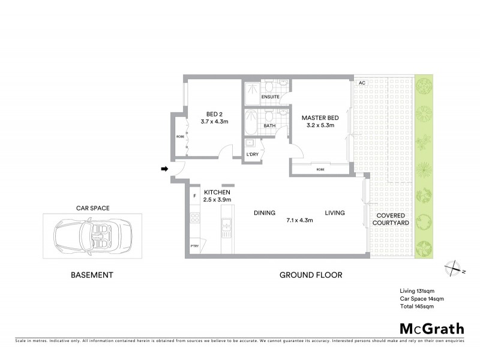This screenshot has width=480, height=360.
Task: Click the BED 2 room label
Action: coord(214,114)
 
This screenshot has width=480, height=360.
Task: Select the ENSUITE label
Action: coord(270,97)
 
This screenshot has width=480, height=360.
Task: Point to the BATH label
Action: coord(269,126)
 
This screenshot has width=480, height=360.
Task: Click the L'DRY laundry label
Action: coord(253,155)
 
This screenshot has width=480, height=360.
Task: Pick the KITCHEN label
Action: coord(217,191)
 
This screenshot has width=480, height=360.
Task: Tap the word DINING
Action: coord(264,213)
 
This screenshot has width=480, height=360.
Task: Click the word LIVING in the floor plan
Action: coord(336,213)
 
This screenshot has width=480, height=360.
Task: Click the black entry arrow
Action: coord(164,169)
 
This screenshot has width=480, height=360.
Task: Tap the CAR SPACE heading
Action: coord(92,208)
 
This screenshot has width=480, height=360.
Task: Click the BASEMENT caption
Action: coord(92,275)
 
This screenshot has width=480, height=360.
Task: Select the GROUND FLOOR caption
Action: coord(311,275)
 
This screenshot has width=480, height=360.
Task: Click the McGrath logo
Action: coord(431,328)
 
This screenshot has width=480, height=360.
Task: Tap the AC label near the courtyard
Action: coord(361,83)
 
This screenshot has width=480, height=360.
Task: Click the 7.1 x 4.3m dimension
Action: coord(301,220)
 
